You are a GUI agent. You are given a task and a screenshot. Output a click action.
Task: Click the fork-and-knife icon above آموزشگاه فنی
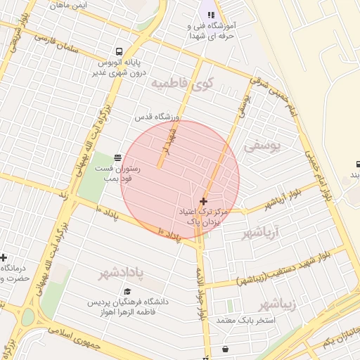tap(210, 15)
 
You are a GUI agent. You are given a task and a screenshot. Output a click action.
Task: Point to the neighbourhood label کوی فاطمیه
tap(179, 84)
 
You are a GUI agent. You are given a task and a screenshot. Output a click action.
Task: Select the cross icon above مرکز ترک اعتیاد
tap(204, 201)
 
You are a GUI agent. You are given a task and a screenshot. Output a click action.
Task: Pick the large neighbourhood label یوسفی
tap(262, 146)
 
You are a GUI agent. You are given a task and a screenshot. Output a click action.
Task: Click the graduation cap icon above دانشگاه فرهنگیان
tap(127, 292)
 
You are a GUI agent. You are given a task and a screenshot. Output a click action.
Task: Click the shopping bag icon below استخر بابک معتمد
tap(225, 348)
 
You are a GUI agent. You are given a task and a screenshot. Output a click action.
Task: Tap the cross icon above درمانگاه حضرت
tap(4, 257)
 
